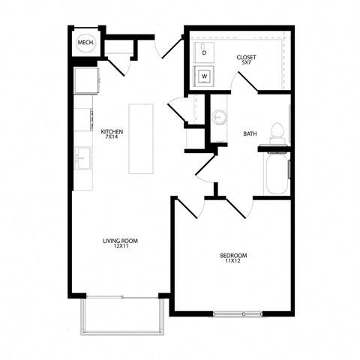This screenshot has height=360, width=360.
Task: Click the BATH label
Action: click(x=250, y=134)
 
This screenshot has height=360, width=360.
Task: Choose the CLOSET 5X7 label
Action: click(x=245, y=59)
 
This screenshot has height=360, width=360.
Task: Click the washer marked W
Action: click(x=203, y=75)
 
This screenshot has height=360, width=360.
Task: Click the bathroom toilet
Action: click(x=277, y=131)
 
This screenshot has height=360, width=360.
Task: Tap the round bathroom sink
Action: click(x=218, y=118)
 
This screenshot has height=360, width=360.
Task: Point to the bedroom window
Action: click(x=238, y=313)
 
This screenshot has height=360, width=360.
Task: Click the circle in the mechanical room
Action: click(x=85, y=43)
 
